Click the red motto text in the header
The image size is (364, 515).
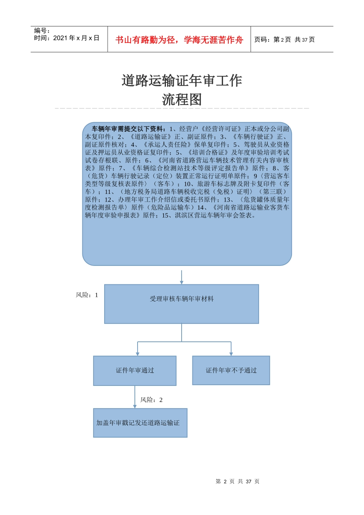179,40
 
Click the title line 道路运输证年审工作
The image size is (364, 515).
182,80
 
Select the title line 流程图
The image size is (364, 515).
182,100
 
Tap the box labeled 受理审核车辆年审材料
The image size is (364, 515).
182,304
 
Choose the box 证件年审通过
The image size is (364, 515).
135,371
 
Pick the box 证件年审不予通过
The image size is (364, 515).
231,371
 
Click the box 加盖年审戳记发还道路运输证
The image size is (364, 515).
140,423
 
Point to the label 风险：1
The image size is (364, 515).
87,295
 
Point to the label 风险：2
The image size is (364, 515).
151,400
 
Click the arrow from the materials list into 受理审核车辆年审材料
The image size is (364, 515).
182,277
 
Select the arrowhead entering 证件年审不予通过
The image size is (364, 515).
231,353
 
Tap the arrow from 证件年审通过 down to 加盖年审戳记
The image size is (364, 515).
135,397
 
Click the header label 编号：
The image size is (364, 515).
42,31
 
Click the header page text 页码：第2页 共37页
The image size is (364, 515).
285,40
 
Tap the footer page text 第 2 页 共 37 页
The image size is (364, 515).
238,481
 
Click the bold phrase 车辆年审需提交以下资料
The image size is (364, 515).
129,129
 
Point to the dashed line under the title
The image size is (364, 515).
182,108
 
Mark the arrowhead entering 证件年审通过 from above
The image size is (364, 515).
138,353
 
